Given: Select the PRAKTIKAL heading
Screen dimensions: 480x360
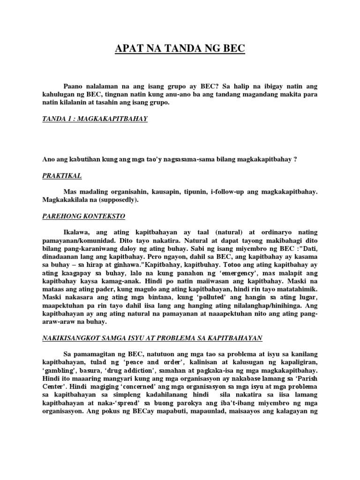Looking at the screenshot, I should click(x=62, y=175).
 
